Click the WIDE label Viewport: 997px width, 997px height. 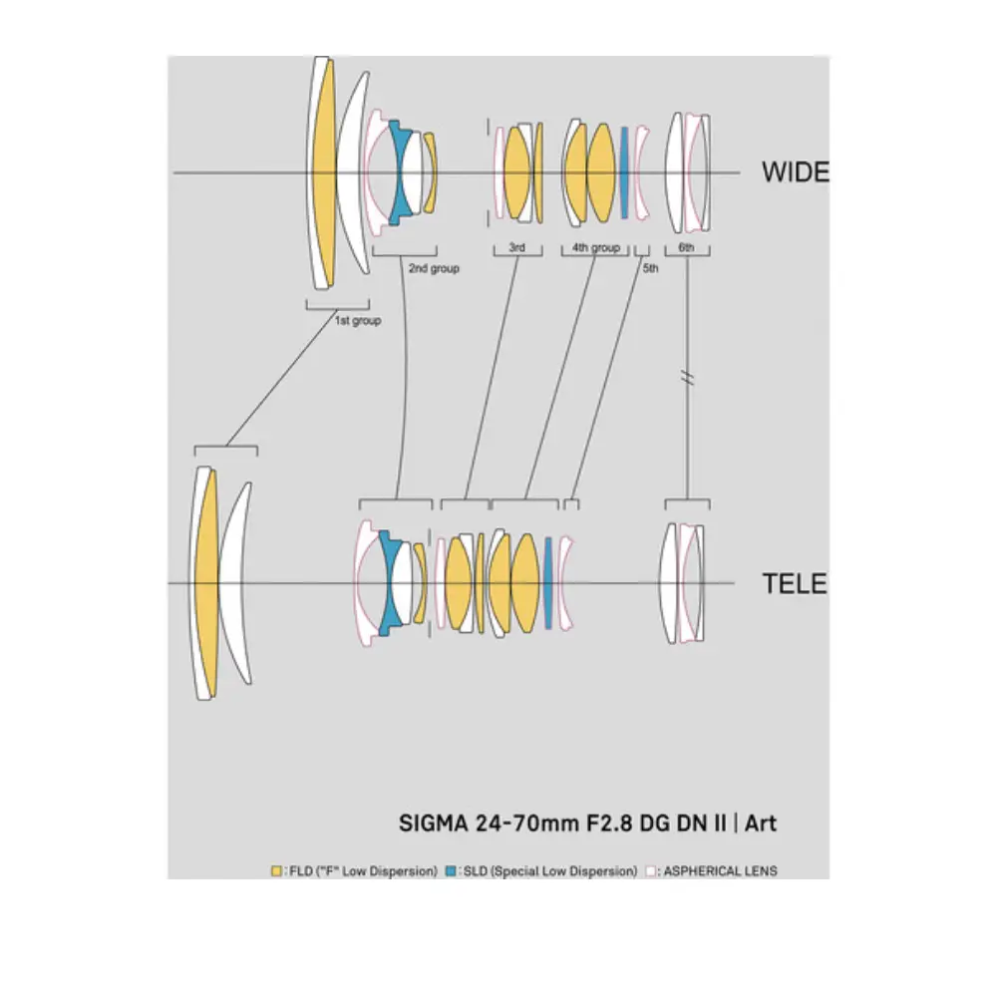pos(795,171)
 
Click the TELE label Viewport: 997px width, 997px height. pos(795,583)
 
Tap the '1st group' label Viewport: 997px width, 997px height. pos(357,321)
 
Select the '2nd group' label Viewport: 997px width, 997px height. pos(433,268)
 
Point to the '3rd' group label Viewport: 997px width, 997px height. pos(516,247)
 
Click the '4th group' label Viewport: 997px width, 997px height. pos(595,247)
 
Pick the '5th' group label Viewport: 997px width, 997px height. pos(650,268)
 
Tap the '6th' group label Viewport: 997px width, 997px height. pos(686,247)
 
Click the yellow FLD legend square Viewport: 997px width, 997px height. pos(276,871)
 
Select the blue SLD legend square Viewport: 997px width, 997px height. pos(452,871)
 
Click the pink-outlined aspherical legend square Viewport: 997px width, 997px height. pos(650,871)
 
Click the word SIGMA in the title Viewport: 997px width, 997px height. pos(433,824)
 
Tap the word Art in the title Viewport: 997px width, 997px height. pos(761,824)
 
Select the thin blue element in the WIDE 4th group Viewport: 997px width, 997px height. pos(624,172)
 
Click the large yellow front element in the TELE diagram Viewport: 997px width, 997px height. pos(207,583)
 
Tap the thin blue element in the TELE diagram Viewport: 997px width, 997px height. pos(547,583)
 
